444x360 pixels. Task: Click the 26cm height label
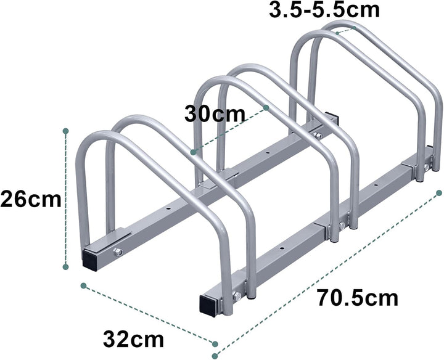tap(30, 199)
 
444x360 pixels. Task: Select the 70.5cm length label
tap(358, 298)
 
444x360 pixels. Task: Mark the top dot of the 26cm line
tap(65, 131)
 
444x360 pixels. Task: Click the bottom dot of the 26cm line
tap(65, 267)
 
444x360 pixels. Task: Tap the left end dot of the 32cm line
tap(83, 285)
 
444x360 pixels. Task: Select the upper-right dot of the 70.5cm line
tap(438, 193)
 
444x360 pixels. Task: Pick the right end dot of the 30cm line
tap(266, 107)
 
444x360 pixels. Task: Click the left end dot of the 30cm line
tap(193, 150)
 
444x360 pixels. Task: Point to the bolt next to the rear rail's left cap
tap(119, 252)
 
